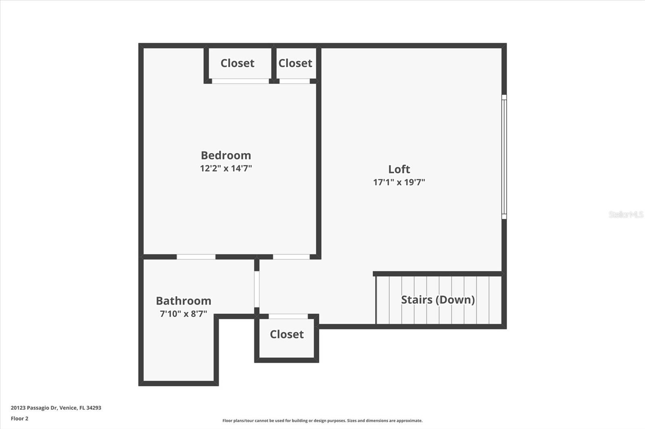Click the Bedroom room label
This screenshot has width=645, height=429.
[x=226, y=155]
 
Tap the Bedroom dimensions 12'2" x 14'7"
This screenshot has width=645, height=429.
[x=226, y=168]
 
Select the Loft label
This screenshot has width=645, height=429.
[x=399, y=169]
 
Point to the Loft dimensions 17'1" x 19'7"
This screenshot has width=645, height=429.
[x=399, y=182]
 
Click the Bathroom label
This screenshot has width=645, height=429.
[x=183, y=301]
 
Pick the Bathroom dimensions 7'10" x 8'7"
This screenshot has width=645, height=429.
[x=183, y=314]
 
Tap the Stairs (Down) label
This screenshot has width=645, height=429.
[x=438, y=300]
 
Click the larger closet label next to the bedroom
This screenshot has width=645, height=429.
[x=237, y=63]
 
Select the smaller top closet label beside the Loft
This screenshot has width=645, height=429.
[x=295, y=63]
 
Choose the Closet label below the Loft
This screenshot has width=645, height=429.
[x=287, y=334]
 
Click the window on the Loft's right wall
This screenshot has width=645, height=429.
[x=504, y=157]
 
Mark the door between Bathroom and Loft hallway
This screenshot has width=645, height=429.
[x=257, y=289]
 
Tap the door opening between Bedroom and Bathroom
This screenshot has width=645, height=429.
[x=196, y=257]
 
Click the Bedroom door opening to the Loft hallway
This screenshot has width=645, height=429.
[x=291, y=257]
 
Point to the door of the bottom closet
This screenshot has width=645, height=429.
[x=288, y=316]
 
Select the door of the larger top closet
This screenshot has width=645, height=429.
[x=240, y=81]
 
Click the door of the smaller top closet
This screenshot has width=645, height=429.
[x=294, y=81]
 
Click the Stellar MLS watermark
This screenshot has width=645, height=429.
[x=626, y=214]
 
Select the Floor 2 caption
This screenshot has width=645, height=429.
[x=19, y=419]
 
